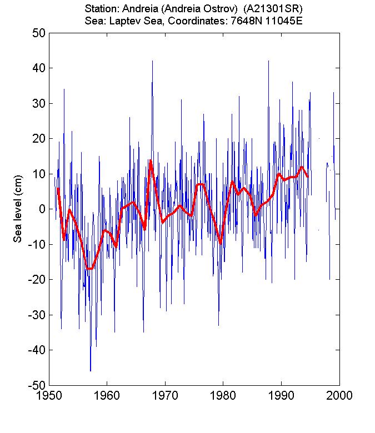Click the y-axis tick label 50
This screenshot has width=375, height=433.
(38, 33)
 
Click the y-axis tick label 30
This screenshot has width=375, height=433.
(38, 103)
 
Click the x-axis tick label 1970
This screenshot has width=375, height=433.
(165, 395)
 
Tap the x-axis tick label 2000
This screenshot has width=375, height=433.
(339, 395)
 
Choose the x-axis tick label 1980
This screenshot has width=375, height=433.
(223, 395)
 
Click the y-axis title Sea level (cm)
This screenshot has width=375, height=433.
(18, 209)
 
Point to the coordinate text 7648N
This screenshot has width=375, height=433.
(249, 20)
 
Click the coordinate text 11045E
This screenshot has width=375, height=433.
(283, 20)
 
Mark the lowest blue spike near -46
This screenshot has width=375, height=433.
(91, 369)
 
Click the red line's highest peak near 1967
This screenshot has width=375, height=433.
(150, 160)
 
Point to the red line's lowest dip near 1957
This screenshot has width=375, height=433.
(89, 269)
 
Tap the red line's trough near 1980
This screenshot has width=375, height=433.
(221, 243)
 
